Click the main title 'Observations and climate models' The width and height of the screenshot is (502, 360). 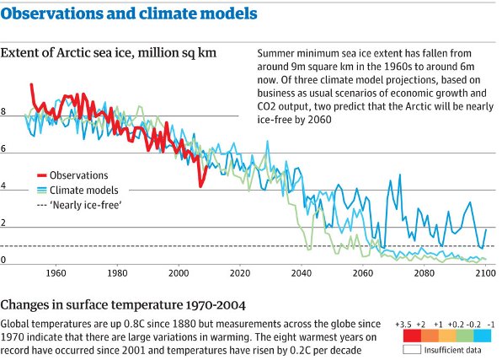(129, 15)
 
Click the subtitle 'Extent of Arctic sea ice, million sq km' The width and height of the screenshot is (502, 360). (109, 52)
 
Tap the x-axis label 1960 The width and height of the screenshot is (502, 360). (56, 273)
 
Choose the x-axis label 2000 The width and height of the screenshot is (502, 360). (179, 273)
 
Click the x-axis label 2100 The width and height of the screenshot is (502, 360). (484, 273)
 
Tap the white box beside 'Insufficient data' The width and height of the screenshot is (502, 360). (410, 348)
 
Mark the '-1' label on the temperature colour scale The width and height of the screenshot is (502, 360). (490, 324)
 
